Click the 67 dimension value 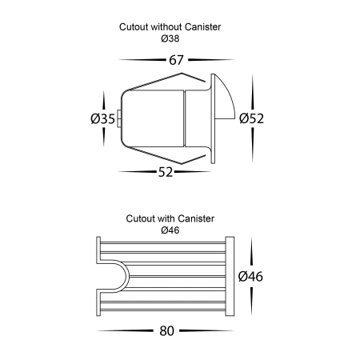[176, 60]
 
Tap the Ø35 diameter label [103, 118]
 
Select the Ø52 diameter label [251, 118]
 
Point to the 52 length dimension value [166, 172]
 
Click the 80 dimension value [167, 331]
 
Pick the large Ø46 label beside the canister [250, 276]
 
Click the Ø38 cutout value [170, 39]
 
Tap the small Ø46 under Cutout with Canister [170, 230]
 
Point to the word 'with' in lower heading [166, 218]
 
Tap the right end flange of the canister [230, 276]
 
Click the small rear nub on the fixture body [119, 118]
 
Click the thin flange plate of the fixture [213, 118]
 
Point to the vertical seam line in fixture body [184, 118]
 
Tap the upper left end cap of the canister [98, 250]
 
